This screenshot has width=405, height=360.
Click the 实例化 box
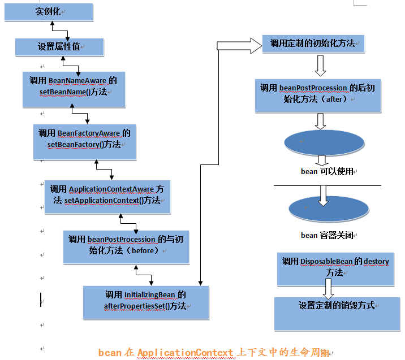click(49, 12)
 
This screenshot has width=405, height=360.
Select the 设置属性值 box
click(59, 47)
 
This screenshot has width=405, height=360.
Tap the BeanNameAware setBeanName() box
click(74, 89)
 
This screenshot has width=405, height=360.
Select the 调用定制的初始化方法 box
click(313, 44)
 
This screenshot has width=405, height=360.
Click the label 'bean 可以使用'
click(328, 171)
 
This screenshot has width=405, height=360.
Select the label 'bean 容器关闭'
click(328, 235)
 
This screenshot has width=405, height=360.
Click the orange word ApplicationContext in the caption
click(184, 353)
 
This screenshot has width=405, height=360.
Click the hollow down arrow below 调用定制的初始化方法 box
click(320, 65)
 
